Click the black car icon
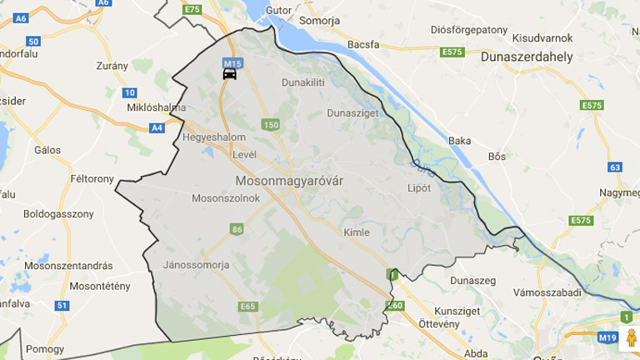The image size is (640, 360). tap(229, 73)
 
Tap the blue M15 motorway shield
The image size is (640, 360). tap(231, 62)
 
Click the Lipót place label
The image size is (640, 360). tap(420, 187)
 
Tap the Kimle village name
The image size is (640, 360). tap(356, 232)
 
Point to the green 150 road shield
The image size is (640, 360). tap(270, 125)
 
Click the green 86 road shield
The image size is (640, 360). tap(237, 229)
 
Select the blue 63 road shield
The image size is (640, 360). tap(615, 167)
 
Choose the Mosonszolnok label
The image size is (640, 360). tap(226, 198)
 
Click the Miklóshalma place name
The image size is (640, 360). tap(156, 107)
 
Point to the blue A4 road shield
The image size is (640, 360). tap(157, 127)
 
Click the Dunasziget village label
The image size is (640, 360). tap(353, 112)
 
